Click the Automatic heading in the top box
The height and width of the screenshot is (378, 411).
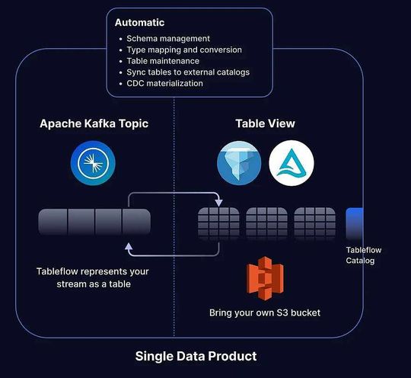coord(140,24)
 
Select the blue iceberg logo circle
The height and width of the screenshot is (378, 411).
coord(239,162)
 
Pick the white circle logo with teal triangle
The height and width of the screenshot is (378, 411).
coord(292,162)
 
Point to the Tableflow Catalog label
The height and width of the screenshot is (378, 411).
coord(362,255)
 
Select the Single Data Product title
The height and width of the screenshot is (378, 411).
coord(196,356)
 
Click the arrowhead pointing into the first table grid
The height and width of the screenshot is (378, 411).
coord(218,203)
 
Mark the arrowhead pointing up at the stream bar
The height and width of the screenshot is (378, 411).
coord(129,245)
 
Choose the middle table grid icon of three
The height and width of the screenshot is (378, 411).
coord(266,223)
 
